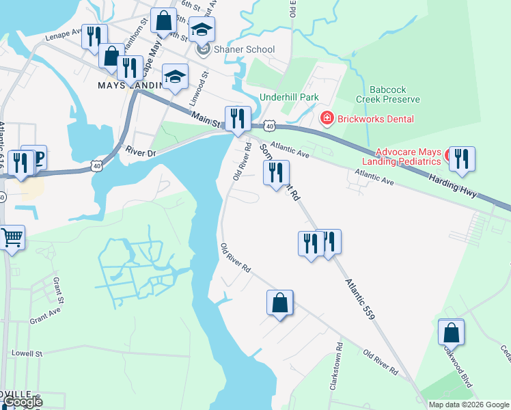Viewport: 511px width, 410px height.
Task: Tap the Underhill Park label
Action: (289, 97)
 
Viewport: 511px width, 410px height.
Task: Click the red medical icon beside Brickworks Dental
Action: (327, 118)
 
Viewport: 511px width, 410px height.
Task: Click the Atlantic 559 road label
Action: (359, 299)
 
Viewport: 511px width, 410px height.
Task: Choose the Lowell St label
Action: (27, 353)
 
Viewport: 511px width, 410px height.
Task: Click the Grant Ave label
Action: (45, 314)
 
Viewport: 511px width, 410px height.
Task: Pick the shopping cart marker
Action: (12, 238)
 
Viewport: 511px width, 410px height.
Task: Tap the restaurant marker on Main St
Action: (238, 119)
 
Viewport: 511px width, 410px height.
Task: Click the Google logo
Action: (22, 402)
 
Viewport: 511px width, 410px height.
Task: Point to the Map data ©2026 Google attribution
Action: (468, 405)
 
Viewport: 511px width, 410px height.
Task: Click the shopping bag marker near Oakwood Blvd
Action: (451, 333)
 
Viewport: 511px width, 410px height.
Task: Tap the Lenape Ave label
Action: (63, 40)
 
